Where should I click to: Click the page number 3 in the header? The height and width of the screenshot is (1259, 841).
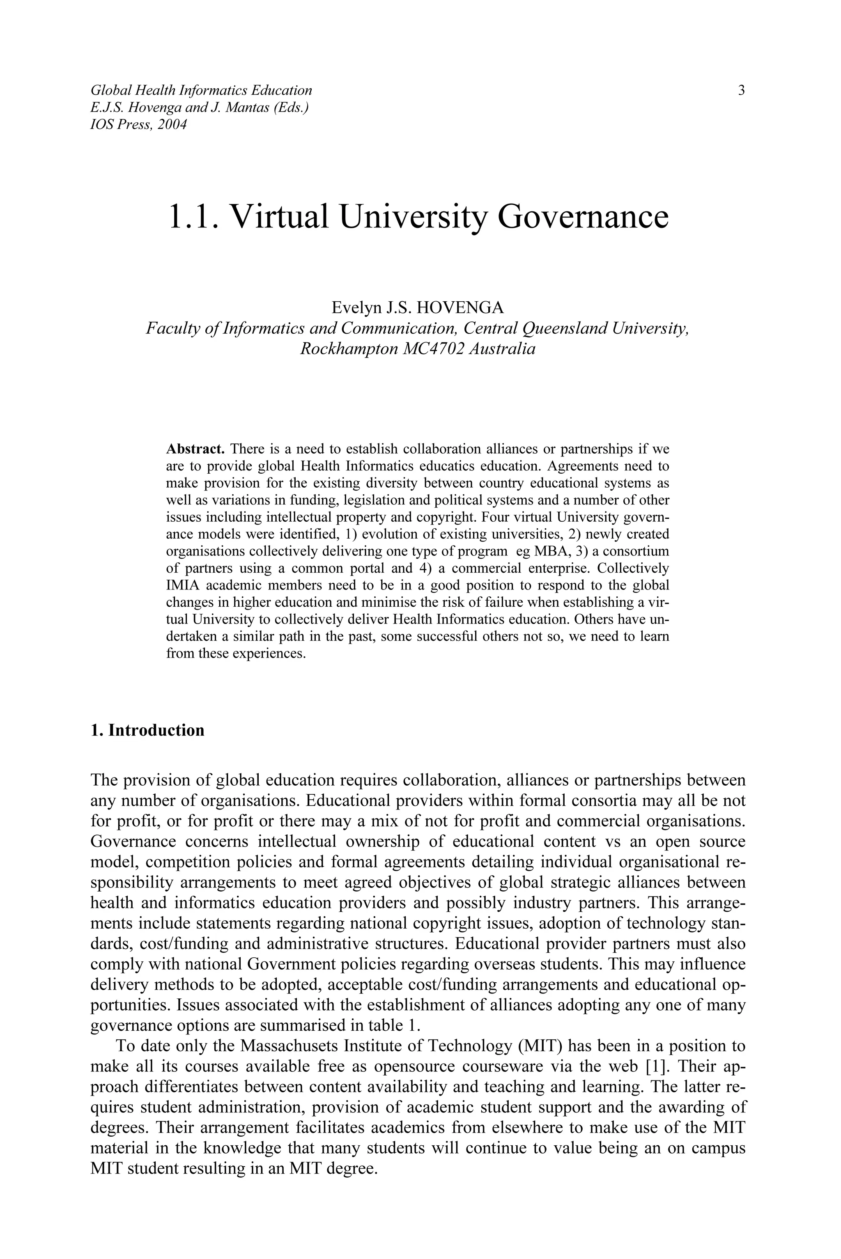click(741, 90)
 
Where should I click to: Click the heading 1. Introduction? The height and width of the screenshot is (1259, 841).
click(147, 730)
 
